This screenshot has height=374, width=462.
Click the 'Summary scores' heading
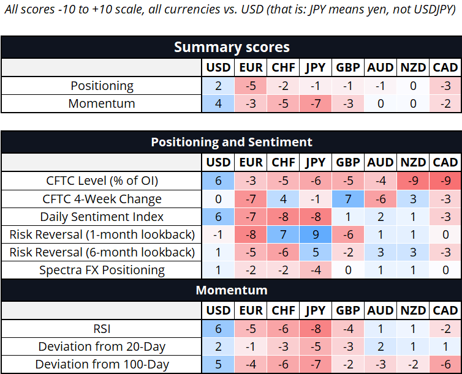[232, 47]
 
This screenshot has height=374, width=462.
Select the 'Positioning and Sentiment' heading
[232, 142]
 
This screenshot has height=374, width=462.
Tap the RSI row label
[102, 329]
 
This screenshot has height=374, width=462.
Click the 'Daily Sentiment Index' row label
[102, 217]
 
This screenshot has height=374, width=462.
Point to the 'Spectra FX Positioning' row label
[102, 270]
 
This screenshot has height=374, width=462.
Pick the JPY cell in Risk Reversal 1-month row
[316, 234]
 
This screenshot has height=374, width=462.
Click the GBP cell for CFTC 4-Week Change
[348, 199]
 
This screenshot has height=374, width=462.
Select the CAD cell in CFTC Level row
[445, 181]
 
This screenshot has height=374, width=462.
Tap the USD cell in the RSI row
[218, 329]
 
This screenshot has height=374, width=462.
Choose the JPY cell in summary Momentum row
[316, 103]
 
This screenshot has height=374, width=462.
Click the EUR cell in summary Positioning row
[251, 86]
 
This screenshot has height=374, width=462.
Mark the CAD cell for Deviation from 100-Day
[445, 364]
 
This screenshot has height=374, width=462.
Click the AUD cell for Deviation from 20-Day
[381, 346]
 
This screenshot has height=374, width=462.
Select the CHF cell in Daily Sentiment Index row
[283, 217]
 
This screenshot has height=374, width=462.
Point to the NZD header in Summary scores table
[413, 68]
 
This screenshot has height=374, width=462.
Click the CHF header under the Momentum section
[283, 310]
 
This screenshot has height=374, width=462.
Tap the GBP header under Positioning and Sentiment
[348, 162]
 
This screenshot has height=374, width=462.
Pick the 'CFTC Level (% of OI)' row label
[102, 181]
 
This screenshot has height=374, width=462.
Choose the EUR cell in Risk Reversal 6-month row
[251, 252]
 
